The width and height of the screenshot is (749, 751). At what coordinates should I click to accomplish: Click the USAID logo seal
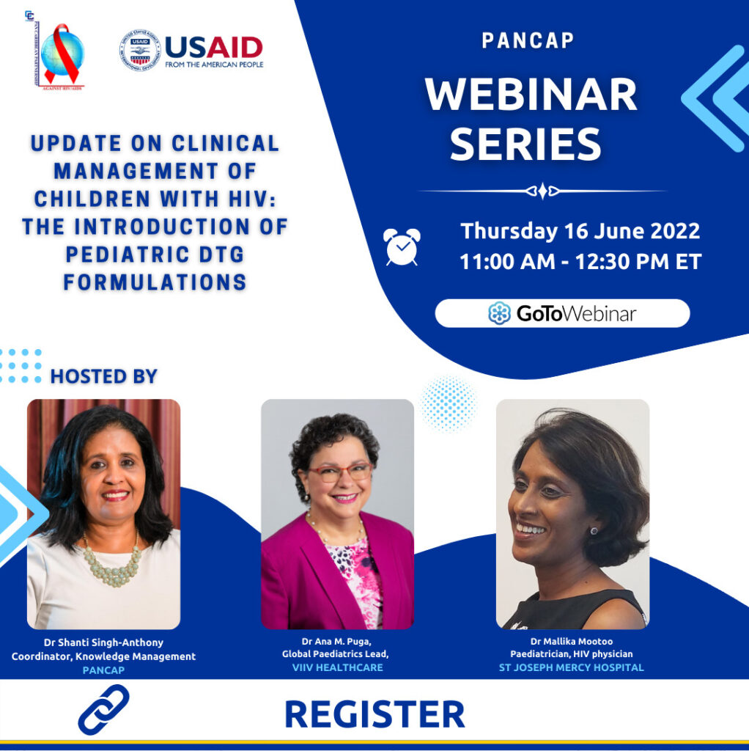point(139,51)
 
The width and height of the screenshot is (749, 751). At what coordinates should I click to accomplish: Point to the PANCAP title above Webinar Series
point(528,41)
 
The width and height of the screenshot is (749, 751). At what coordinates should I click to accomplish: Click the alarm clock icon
point(402,246)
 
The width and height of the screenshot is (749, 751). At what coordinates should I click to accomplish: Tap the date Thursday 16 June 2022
point(580,232)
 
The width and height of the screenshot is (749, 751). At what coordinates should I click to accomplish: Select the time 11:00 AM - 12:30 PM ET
point(580,262)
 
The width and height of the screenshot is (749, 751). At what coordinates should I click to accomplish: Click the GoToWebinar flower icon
point(499,313)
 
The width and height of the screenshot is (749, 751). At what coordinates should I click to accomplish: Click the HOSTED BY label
point(104,377)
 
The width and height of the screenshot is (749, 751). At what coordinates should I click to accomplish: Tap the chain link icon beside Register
point(103,709)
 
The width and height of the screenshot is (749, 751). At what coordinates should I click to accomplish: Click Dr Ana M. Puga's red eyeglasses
point(339,472)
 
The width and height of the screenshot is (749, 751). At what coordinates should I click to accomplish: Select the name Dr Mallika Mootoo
point(572,642)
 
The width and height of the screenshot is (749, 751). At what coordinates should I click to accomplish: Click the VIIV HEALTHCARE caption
point(337,667)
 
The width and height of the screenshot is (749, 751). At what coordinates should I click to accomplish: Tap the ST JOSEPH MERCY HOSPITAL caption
point(572,667)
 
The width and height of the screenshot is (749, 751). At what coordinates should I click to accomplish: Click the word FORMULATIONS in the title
point(155,282)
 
